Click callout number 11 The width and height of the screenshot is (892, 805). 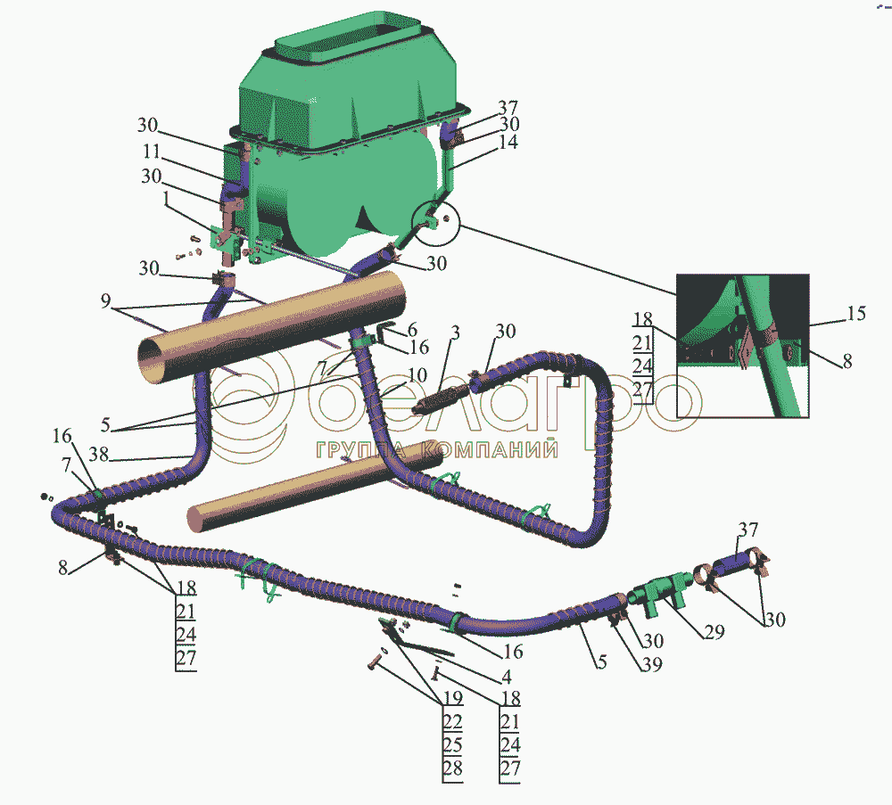point(152,152)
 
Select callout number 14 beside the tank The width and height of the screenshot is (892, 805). point(508,142)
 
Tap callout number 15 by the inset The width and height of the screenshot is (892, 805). point(856,313)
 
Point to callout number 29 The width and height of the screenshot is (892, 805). point(714,632)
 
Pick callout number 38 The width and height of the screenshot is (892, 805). point(98,455)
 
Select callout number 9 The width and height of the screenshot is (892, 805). point(105,300)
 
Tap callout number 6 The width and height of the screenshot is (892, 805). point(412,329)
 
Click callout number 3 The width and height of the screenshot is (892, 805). point(455,333)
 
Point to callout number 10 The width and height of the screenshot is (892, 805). point(417,375)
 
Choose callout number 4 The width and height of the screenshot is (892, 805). point(507,676)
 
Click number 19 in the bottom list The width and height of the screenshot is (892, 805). point(453,697)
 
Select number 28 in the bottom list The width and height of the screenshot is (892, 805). point(453,768)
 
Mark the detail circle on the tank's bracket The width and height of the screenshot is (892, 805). point(435,222)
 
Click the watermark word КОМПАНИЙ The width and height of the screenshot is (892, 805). point(492,450)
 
